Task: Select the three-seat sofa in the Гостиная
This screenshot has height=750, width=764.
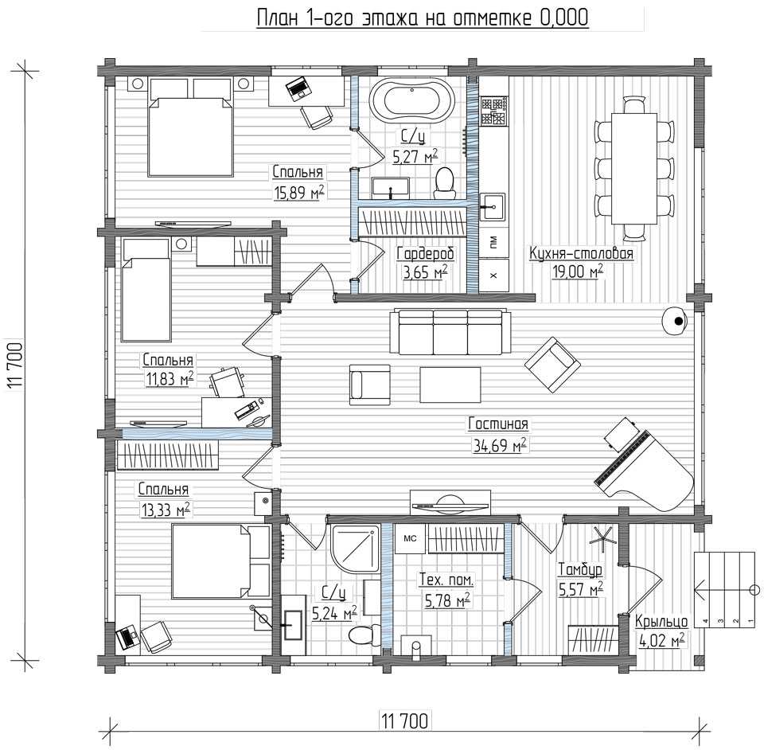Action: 450,332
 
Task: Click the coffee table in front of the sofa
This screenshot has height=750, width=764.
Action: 450,385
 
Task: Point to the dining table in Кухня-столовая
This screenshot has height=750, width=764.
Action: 634,168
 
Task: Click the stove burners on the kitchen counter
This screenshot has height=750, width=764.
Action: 494,111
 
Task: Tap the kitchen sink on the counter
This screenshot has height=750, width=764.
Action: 493,207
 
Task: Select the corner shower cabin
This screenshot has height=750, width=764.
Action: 355,548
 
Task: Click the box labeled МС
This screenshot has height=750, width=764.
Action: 410,538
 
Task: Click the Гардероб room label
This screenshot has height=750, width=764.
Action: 426,253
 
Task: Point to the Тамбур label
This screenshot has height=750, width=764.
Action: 580,568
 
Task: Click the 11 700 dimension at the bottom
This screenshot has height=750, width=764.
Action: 404,721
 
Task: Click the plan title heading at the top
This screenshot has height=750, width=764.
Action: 423,18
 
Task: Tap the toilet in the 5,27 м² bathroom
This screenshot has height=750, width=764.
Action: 444,183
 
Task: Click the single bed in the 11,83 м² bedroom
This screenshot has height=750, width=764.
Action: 146,290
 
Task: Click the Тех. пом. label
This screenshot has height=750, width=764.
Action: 446,580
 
